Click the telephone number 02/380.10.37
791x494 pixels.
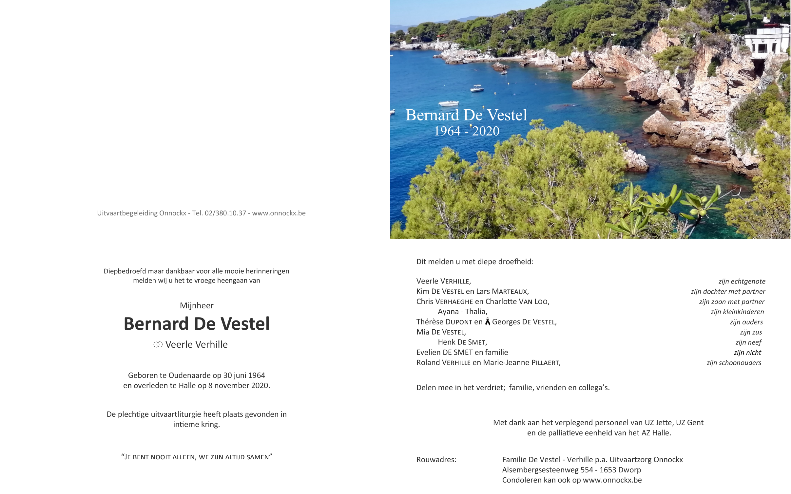tap(225, 213)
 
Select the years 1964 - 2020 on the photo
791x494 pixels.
tap(467, 131)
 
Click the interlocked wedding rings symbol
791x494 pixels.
tap(158, 345)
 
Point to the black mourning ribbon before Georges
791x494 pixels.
tap(488, 322)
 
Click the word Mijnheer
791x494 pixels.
tap(197, 305)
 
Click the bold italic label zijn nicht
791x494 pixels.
tap(747, 353)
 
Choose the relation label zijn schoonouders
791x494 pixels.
tap(734, 363)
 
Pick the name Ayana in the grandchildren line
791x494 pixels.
tap(448, 312)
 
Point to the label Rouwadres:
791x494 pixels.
tap(436, 460)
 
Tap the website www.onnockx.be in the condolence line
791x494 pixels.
tap(612, 480)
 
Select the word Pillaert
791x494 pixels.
tap(545, 363)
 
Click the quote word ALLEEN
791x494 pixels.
tap(184, 457)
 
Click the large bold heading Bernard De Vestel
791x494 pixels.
tap(197, 324)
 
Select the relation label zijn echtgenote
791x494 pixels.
tap(742, 282)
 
